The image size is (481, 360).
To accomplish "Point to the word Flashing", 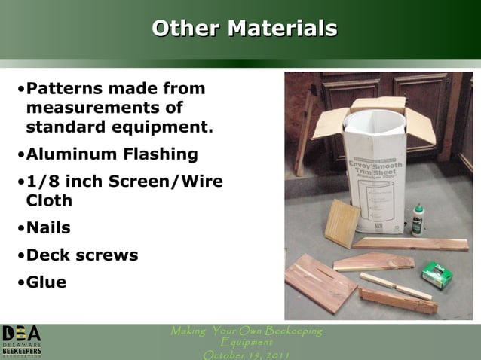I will click(x=161, y=155).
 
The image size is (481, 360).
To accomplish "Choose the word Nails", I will click(x=48, y=228).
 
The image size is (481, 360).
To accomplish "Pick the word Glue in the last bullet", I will click(x=46, y=282).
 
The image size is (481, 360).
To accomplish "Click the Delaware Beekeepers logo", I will click(x=21, y=341).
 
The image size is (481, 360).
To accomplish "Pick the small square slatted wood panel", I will click(x=342, y=224).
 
